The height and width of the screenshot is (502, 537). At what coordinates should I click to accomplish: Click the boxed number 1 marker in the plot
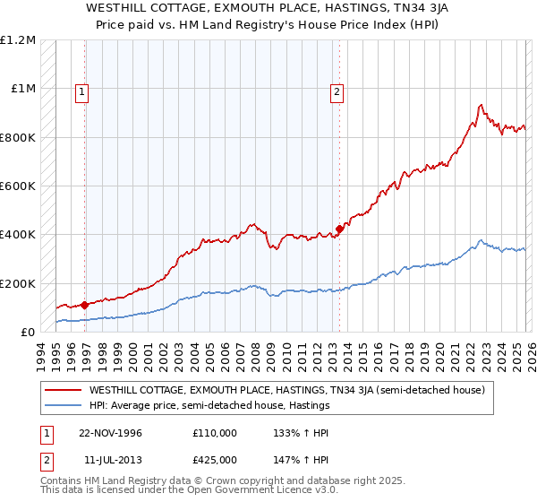pos(82,90)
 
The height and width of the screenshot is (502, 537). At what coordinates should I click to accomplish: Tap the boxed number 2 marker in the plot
pos(337,90)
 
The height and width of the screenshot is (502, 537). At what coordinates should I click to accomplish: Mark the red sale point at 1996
pos(85,305)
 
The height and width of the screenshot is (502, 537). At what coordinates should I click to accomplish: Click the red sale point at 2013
pos(340,228)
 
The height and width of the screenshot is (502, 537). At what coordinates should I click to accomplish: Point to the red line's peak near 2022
pos(481,105)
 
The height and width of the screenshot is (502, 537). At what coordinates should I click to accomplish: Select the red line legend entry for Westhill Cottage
pos(286,390)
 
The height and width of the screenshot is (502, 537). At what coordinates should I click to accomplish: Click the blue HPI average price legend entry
pos(210,405)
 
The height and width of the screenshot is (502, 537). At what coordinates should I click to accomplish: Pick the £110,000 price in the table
pos(214,432)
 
